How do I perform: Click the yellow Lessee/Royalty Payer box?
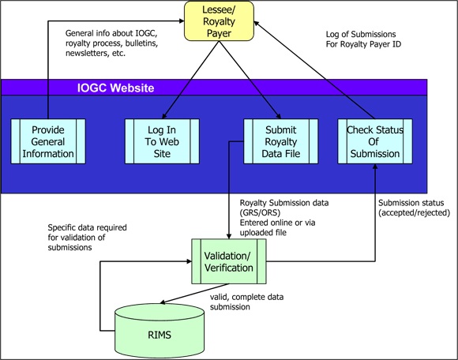[x=230, y=21]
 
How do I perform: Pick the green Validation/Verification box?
[x=229, y=261]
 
